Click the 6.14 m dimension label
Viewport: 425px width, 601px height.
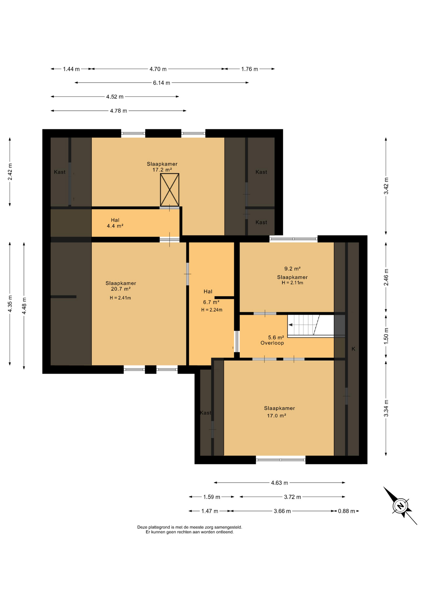[161, 83]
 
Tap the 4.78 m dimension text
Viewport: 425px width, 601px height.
[118, 111]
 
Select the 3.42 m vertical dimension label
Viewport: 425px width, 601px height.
[386, 186]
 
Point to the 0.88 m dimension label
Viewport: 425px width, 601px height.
[346, 511]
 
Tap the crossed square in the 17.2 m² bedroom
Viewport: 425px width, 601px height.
[170, 190]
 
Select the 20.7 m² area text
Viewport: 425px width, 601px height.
[121, 289]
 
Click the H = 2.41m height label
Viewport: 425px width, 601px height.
[120, 298]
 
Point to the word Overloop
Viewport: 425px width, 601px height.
[272, 343]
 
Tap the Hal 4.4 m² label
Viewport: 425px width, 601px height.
[115, 223]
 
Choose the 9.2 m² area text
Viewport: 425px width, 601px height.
[292, 269]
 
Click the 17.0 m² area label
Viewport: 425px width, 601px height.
[276, 416]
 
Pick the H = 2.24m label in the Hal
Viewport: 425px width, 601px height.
[212, 310]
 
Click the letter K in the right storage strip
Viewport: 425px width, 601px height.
[353, 349]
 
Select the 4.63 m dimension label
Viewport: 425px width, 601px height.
[279, 483]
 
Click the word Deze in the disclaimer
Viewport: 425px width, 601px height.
[142, 527]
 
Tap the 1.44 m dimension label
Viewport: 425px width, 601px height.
[71, 69]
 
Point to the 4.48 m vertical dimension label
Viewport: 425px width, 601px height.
[24, 306]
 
